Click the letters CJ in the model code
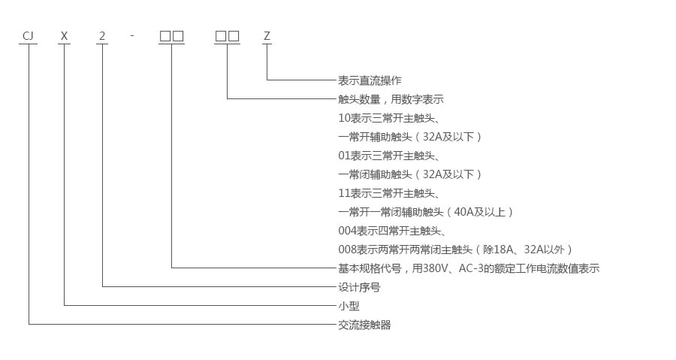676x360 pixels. (28, 35)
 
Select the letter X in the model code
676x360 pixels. (65, 35)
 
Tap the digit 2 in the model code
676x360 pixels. (102, 35)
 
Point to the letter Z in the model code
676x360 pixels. (266, 35)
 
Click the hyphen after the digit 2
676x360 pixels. (131, 35)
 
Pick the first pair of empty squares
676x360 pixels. (171, 35)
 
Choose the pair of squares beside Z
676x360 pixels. (227, 35)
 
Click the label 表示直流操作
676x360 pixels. (370, 80)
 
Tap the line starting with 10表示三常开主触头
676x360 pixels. (388, 118)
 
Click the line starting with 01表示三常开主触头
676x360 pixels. (388, 156)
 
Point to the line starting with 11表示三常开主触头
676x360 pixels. (388, 193)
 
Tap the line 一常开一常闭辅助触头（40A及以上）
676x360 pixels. (426, 212)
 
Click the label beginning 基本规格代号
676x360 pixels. (469, 268)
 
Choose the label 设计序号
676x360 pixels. (359, 287)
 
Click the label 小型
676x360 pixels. (349, 306)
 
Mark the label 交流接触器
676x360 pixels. (364, 325)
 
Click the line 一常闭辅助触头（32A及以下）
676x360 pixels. (409, 174)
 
